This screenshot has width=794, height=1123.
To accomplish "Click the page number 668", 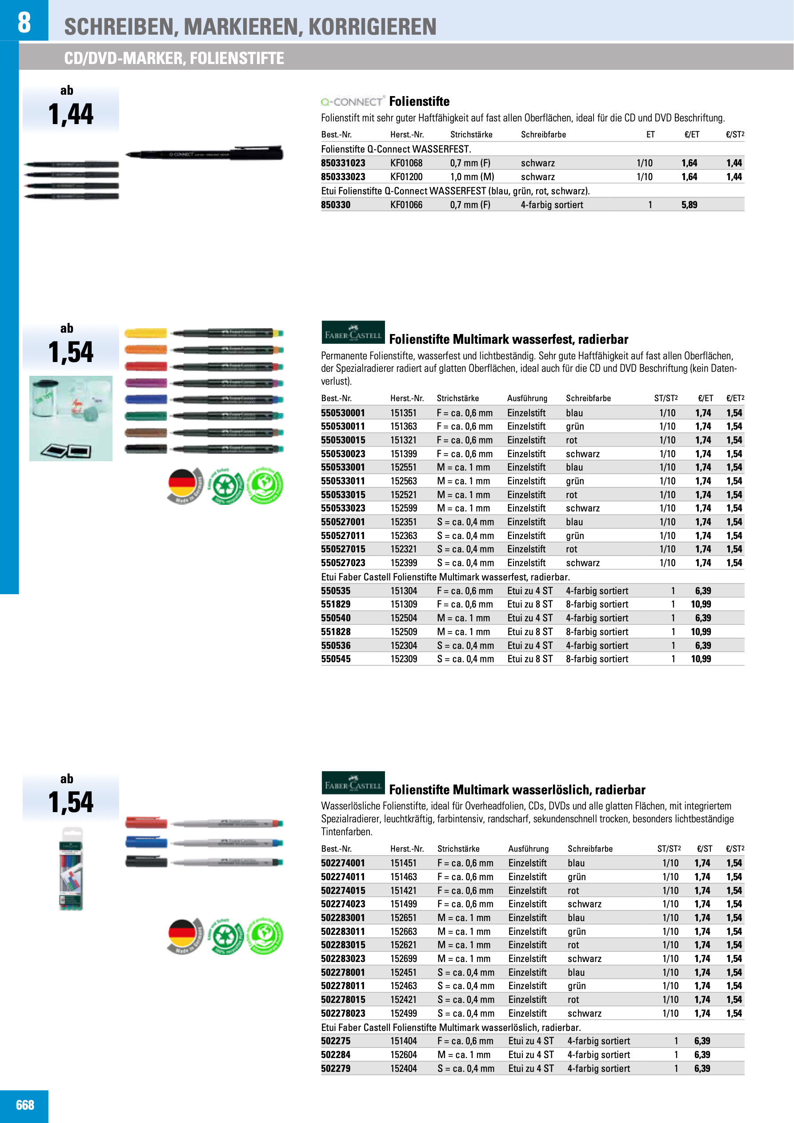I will click(25, 1105).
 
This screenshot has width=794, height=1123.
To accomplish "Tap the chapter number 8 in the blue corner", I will click(24, 22).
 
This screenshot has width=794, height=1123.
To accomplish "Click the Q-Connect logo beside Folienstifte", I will click(352, 102).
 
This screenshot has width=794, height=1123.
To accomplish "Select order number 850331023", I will click(343, 163).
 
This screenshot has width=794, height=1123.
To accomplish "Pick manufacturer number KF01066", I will click(406, 205).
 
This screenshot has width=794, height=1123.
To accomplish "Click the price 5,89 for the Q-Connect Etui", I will click(689, 205).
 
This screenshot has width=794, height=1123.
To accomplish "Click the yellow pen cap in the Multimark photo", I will click(145, 334).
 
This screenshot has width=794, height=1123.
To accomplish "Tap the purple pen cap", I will click(145, 383).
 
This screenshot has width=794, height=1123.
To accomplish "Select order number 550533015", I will click(343, 495).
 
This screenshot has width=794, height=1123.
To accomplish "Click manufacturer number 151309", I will click(403, 604).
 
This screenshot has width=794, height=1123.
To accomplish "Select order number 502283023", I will click(343, 958).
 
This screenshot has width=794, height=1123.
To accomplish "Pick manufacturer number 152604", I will click(403, 1055).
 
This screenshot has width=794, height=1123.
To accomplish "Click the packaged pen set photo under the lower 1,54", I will click(71, 869).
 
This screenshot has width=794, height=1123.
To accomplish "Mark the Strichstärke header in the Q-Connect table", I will click(471, 134).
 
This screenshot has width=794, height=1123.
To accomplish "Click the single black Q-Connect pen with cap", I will click(205, 154).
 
